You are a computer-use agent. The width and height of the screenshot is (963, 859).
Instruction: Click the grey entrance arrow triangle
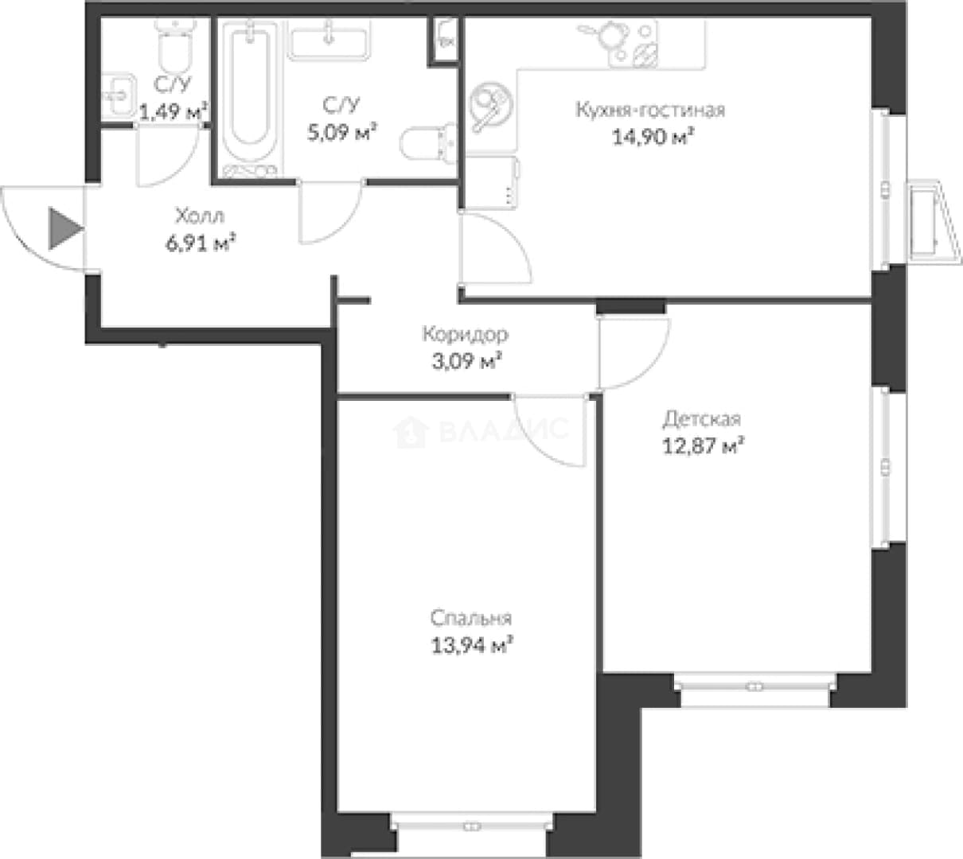pyautogui.click(x=64, y=228)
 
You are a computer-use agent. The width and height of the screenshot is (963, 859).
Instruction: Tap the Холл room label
pyautogui.click(x=200, y=216)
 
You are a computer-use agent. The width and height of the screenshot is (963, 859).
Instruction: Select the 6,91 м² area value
pyautogui.click(x=201, y=243)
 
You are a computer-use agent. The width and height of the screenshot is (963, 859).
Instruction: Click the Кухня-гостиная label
pyautogui.click(x=651, y=111)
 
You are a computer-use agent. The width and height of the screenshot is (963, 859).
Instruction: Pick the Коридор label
pyautogui.click(x=465, y=335)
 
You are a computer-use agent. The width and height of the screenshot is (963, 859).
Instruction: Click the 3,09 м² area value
pyautogui.click(x=466, y=362)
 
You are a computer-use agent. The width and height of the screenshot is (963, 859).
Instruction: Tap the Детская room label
pyautogui.click(x=702, y=419)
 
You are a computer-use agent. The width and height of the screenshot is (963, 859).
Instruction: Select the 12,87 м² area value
pyautogui.click(x=703, y=446)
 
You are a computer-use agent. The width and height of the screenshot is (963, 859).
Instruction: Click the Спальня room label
pyautogui.click(x=471, y=619)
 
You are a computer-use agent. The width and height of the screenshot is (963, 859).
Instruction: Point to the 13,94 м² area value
pyautogui.click(x=471, y=646)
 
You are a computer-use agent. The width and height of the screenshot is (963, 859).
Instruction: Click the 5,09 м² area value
pyautogui.click(x=342, y=132)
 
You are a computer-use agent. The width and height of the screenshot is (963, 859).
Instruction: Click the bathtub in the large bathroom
pyautogui.click(x=250, y=97)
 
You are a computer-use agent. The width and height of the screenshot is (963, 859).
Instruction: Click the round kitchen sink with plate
pyautogui.click(x=491, y=107)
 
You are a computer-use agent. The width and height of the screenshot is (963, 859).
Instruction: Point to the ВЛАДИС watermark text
pyautogui.click(x=481, y=430)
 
